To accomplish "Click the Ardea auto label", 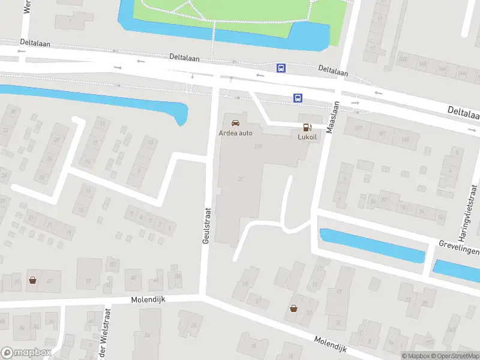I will tap(236, 133).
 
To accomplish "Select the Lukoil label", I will tap(307, 136).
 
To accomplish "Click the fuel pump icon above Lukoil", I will tap(307, 127).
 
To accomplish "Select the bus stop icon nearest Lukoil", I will tap(298, 98).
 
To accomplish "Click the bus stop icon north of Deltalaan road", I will tap(281, 68).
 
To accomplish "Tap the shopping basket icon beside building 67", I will tap(32, 280).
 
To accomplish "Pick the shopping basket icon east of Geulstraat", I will tap(293, 308).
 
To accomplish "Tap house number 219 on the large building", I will tap(259, 146).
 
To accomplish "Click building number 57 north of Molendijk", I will tap(88, 281).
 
